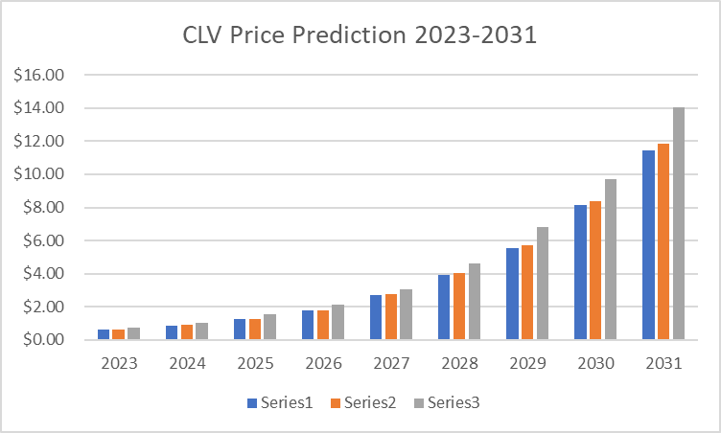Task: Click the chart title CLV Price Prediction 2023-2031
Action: (x=360, y=35)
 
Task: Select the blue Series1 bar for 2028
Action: (x=444, y=308)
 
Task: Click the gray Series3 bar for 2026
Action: (x=337, y=322)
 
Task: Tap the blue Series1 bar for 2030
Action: (x=580, y=272)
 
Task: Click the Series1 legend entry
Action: (x=279, y=403)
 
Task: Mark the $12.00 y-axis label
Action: (x=39, y=142)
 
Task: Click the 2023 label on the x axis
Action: (x=118, y=364)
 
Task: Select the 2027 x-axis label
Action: (x=390, y=364)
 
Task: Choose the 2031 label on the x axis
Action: (x=663, y=364)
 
